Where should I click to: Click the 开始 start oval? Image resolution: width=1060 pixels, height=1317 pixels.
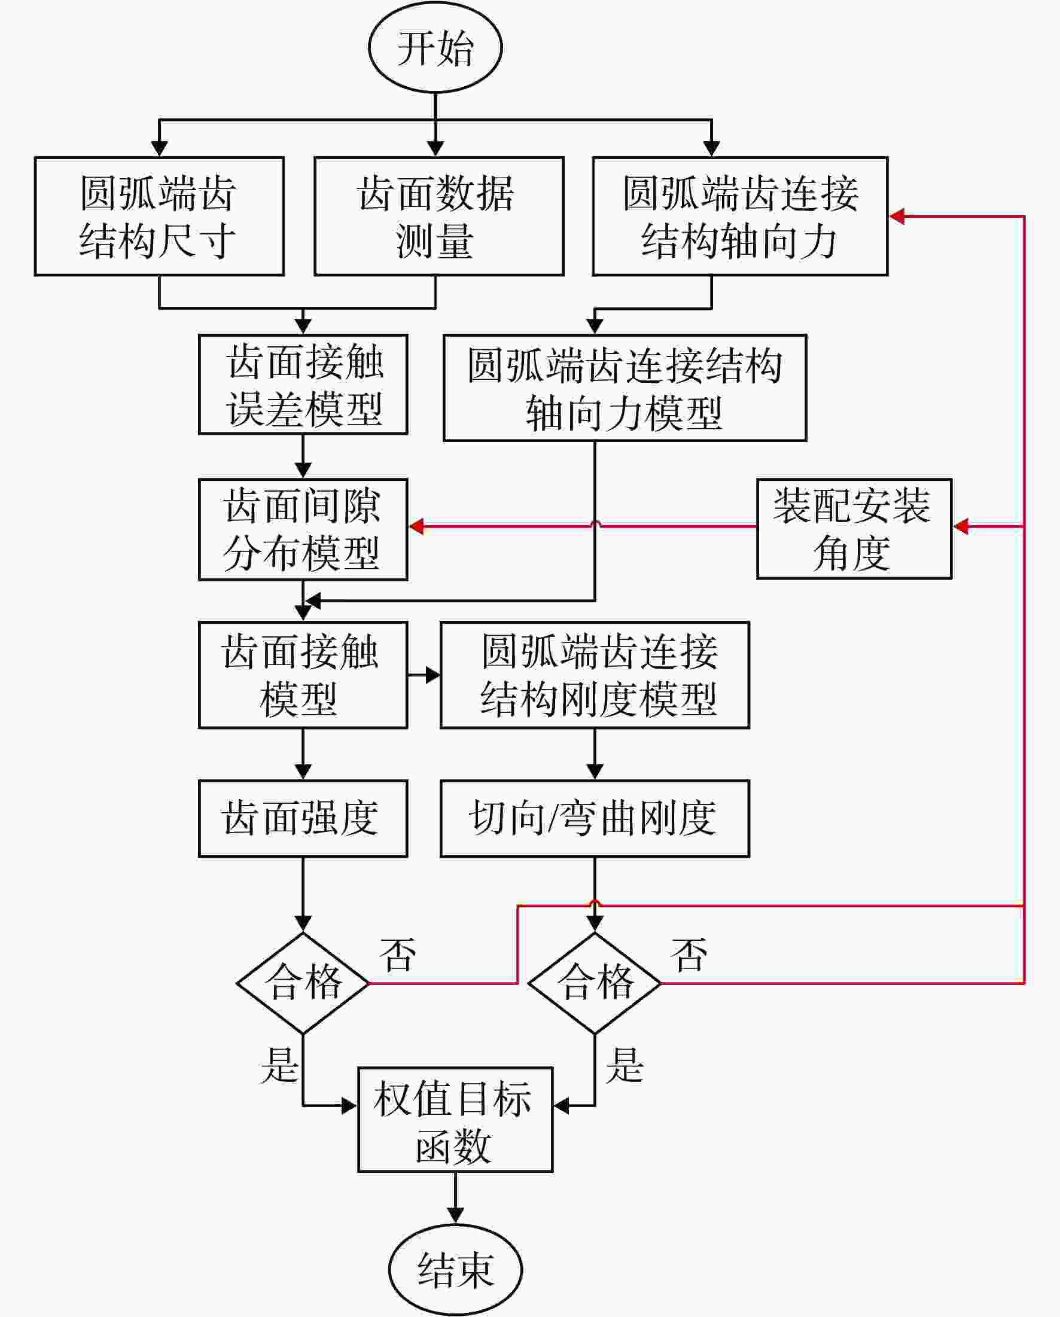click(x=435, y=47)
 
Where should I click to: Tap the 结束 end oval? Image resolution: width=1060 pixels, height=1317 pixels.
click(x=455, y=1269)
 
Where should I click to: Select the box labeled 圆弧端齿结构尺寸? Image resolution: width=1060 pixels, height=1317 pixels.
click(x=160, y=217)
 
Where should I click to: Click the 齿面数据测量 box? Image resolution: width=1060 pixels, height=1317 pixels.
click(x=438, y=217)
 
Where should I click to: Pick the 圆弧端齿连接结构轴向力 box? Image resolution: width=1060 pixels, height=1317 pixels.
click(x=740, y=217)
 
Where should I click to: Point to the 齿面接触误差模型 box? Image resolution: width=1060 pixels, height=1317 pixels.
click(x=303, y=384)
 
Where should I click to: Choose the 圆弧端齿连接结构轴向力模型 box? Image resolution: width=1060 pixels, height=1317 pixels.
click(x=625, y=388)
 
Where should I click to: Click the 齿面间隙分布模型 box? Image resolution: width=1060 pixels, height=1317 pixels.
click(x=303, y=529)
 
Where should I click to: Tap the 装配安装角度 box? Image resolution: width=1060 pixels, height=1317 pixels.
click(x=854, y=528)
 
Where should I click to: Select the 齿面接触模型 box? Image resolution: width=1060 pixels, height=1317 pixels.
click(x=303, y=675)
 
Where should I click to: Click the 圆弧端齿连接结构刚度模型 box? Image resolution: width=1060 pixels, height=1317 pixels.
click(x=595, y=675)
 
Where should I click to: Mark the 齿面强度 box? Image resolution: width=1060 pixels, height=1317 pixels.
click(x=303, y=819)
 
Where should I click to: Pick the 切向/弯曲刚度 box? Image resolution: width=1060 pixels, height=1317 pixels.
click(x=595, y=819)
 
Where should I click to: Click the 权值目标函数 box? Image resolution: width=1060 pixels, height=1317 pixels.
click(x=455, y=1120)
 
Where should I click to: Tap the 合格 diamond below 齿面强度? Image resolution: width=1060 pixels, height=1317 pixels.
click(x=303, y=983)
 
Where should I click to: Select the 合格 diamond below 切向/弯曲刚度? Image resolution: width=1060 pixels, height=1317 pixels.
click(x=595, y=983)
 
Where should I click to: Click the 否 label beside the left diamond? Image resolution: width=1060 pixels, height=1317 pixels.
click(x=398, y=954)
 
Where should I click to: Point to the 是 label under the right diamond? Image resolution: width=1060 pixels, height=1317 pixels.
click(x=625, y=1065)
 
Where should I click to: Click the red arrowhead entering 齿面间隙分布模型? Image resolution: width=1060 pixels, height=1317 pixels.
click(x=417, y=526)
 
